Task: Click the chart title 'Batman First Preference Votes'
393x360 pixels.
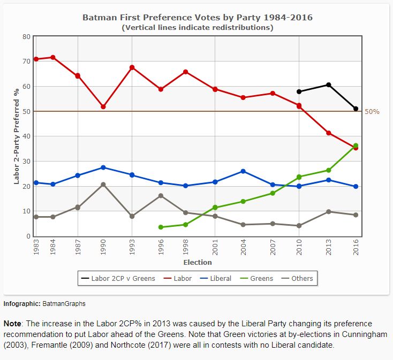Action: tap(197, 18)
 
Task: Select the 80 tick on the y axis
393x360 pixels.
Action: tap(26, 36)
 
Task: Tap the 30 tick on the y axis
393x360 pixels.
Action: tap(26, 161)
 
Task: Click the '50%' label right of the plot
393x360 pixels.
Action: tap(372, 111)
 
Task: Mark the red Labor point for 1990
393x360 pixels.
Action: tap(103, 106)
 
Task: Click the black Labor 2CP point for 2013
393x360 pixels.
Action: tap(328, 85)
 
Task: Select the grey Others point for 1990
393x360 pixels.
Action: tap(103, 185)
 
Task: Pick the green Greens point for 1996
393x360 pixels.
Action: tap(161, 227)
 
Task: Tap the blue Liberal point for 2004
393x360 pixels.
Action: tap(243, 171)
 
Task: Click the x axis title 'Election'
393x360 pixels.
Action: tap(198, 262)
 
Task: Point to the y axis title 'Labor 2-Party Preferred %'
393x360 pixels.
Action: tap(16, 136)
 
